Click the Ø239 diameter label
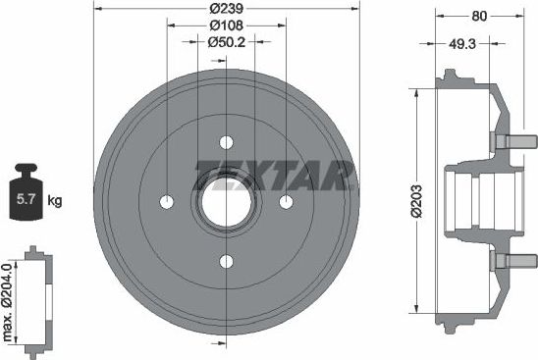(x=226, y=9)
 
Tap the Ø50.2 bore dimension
(x=227, y=42)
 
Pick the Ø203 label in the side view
(x=415, y=200)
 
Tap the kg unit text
(x=55, y=201)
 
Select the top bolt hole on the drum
(x=227, y=140)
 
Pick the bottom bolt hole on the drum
(x=227, y=261)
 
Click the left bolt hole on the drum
(x=166, y=201)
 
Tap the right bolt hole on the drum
(x=287, y=201)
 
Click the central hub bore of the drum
(x=227, y=201)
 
